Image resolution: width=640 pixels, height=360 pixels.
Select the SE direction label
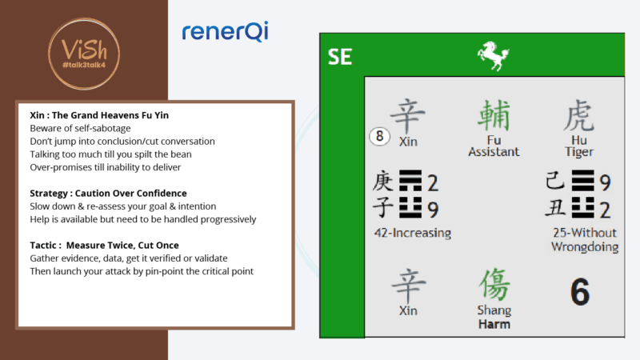point(339,57)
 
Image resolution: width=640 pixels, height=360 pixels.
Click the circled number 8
point(379,137)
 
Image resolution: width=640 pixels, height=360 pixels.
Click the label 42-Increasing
point(412,233)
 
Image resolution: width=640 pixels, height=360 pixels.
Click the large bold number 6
point(579,292)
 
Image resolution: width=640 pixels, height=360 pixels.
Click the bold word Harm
point(494,324)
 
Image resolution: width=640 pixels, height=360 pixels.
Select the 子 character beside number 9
point(382,210)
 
